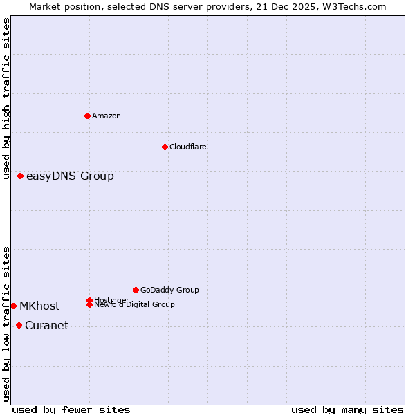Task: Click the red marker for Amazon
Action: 87,116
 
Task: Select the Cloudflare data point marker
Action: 165,147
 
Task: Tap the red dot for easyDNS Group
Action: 21,176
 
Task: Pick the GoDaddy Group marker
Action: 136,290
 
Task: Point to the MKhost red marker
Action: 14,306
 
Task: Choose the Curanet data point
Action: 19,325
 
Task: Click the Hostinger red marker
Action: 90,300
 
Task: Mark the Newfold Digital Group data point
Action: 90,305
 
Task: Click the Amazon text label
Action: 107,116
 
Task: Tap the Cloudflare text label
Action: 188,147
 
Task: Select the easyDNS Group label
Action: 70,176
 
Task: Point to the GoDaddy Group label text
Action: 169,290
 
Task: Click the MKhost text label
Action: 39,306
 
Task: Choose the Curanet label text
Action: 46,326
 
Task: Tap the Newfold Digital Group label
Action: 136,305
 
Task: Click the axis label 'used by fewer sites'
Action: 71,409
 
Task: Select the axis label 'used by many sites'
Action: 347,409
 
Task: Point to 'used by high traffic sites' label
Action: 7,99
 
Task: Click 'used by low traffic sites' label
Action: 7,324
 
